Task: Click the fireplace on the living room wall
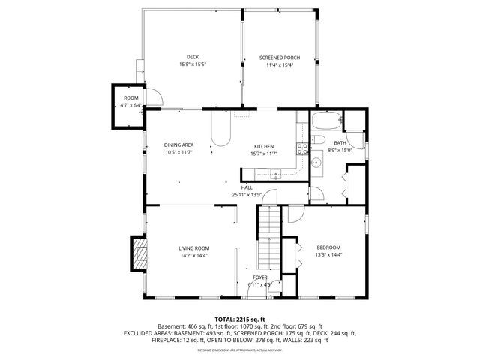coord(137,253)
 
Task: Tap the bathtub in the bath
coord(325,123)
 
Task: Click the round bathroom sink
coord(318,161)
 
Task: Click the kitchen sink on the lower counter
coord(277,175)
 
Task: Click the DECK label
coord(192,58)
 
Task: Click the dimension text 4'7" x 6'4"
coord(131,106)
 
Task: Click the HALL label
coord(247,188)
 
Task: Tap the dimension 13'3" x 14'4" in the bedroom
coord(328,255)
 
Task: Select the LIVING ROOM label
coord(193,248)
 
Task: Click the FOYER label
coord(259,277)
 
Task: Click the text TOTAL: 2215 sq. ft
coord(239,319)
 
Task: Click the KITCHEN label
coord(264,146)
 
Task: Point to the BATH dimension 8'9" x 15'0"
coord(340,150)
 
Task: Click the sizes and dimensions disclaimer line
coord(239,349)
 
